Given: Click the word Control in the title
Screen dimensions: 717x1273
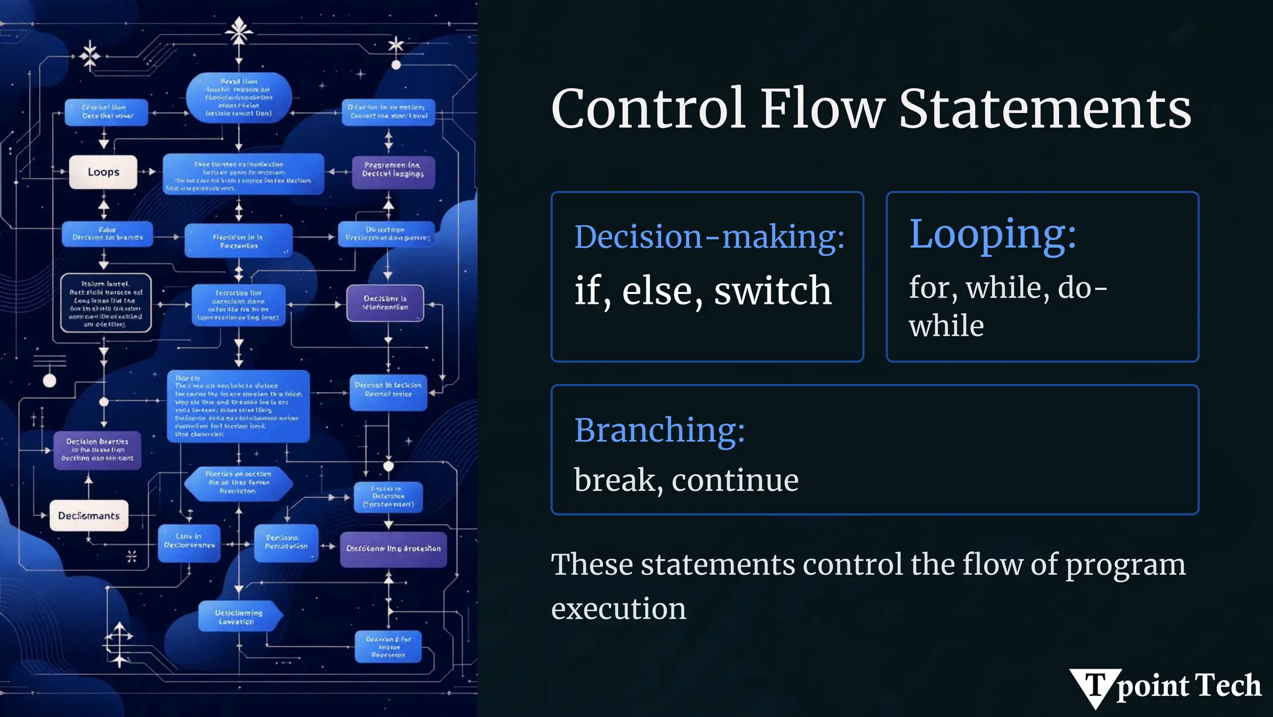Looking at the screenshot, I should click(648, 109).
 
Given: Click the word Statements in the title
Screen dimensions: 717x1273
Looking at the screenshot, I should click(1045, 109).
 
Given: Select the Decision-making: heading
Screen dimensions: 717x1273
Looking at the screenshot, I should click(709, 237).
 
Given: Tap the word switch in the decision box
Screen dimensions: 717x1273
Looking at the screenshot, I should click(773, 290).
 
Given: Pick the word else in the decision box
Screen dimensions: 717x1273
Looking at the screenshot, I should click(657, 290).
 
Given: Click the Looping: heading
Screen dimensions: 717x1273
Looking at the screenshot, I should click(993, 234).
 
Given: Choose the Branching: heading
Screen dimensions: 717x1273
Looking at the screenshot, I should click(659, 430).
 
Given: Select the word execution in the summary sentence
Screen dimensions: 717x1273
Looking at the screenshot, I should click(618, 608).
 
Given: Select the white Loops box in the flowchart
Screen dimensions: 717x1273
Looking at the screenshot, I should click(103, 172).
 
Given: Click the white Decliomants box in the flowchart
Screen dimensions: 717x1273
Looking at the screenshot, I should click(89, 516).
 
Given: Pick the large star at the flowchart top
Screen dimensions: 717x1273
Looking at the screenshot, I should click(239, 30).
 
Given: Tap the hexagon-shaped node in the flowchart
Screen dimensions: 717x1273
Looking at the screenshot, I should click(238, 483).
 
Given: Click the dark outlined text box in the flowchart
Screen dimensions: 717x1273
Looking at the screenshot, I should click(106, 303).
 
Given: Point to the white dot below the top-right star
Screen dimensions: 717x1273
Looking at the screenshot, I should click(396, 65).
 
